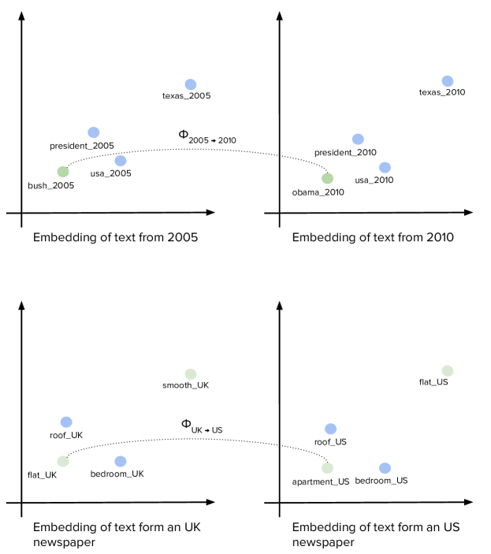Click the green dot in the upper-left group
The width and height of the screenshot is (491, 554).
[x=63, y=172]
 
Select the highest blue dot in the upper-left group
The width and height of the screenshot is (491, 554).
[x=191, y=84]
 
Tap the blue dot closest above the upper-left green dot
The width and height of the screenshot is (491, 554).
[x=94, y=132]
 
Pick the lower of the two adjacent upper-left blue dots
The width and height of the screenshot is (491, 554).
[x=121, y=161]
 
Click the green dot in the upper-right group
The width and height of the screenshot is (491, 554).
[x=327, y=179]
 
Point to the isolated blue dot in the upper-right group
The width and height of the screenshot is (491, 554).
[x=448, y=81]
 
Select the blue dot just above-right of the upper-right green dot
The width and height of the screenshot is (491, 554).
[x=358, y=139]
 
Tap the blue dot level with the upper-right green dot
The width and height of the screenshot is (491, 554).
[x=385, y=167]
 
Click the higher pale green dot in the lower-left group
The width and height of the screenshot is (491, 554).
[x=191, y=374]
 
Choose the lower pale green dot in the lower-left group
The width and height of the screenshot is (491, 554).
[x=63, y=462]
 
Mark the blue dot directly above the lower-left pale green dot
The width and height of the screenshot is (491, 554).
[x=66, y=422]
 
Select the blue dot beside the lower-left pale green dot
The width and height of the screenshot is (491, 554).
[x=121, y=462]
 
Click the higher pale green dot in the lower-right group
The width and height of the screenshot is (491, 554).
[x=448, y=371]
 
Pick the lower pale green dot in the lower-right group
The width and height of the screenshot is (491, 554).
[x=327, y=468]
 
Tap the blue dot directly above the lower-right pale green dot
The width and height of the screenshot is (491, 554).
[x=331, y=429]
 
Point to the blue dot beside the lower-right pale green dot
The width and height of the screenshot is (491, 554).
[x=385, y=468]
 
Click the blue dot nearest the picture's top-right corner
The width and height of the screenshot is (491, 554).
[x=448, y=81]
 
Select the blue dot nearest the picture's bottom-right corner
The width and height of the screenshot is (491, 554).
[x=385, y=468]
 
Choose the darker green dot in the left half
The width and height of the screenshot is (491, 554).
[x=63, y=172]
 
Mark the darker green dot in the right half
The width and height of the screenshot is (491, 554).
[x=327, y=179]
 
